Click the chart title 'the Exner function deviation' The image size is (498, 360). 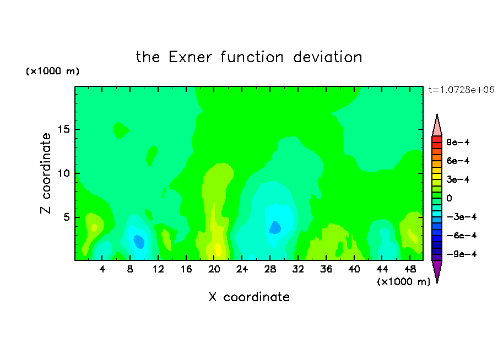[x=249, y=57]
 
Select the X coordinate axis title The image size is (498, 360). [x=249, y=297]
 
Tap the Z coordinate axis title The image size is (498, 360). [x=45, y=173]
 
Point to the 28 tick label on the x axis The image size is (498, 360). [x=270, y=269]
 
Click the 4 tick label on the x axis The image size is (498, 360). [x=102, y=269]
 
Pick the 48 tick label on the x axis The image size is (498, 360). [x=410, y=269]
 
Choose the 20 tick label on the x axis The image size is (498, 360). [x=214, y=269]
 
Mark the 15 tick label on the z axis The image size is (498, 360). [x=63, y=129]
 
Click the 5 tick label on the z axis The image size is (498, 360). [x=66, y=217]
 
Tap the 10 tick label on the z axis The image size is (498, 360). [x=63, y=173]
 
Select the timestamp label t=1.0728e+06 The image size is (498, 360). [x=462, y=90]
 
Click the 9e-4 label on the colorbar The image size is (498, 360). [x=458, y=142]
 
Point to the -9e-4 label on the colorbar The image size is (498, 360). [x=462, y=254]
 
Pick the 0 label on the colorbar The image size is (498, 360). [x=449, y=198]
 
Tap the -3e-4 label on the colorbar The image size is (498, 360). [x=462, y=217]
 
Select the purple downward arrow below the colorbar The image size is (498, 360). [x=437, y=270]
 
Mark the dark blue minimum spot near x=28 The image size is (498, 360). [x=275, y=228]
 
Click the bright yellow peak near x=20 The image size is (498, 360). [x=218, y=249]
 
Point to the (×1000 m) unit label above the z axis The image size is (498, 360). [x=52, y=71]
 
